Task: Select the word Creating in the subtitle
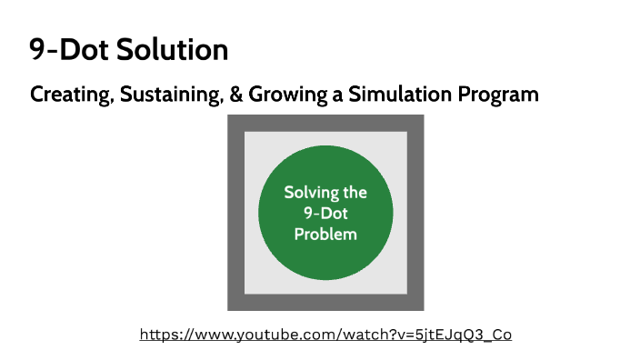(x=67, y=94)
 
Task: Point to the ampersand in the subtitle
(x=235, y=94)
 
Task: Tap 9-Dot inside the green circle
(x=325, y=213)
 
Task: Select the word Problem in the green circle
(x=325, y=234)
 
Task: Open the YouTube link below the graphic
(x=325, y=335)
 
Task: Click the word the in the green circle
(x=353, y=193)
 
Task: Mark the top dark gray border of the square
(x=325, y=123)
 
